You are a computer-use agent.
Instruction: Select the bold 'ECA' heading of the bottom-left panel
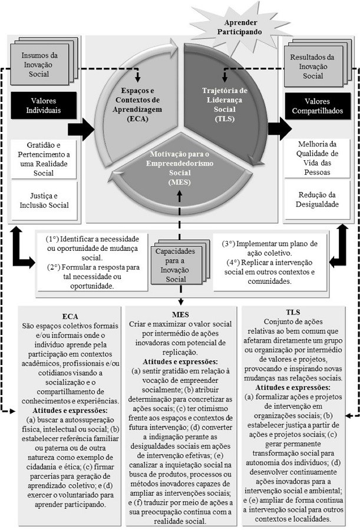pyautogui.click(x=70, y=315)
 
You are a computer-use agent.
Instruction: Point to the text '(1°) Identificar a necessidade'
pyautogui.click(x=93, y=239)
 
